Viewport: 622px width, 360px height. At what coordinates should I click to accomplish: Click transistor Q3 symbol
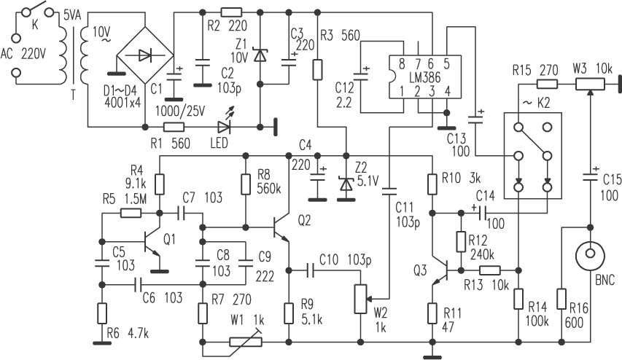point(440,271)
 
